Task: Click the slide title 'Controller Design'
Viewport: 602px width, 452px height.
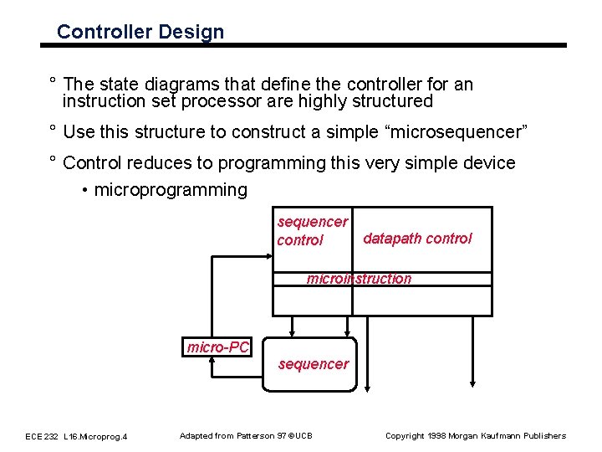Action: point(140,33)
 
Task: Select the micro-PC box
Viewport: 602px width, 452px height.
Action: point(218,347)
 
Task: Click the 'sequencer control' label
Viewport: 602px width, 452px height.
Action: point(312,231)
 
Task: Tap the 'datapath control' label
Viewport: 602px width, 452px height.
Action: point(417,239)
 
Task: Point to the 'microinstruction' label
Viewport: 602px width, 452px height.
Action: point(359,279)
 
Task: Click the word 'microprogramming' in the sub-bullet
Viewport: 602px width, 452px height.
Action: point(171,190)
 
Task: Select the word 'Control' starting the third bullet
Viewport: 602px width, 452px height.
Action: point(94,163)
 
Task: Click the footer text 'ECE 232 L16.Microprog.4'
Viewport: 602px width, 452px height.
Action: point(76,436)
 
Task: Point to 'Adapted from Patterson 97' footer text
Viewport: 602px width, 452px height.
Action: point(246,435)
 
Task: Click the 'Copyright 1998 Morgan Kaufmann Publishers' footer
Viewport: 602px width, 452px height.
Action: point(475,435)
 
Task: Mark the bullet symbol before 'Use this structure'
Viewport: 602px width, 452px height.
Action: point(52,131)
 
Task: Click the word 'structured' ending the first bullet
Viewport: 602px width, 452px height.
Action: point(393,102)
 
